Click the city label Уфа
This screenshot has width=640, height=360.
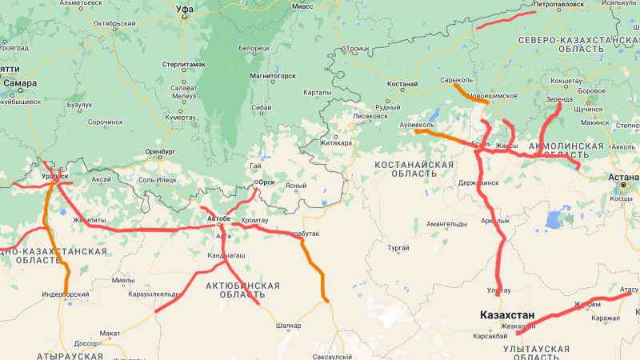pyautogui.click(x=185, y=10)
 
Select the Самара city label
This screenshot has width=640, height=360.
pyautogui.click(x=20, y=82)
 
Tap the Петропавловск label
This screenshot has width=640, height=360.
pyautogui.click(x=561, y=4)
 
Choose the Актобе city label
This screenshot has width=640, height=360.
pyautogui.click(x=218, y=218)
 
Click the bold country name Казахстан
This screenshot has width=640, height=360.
pyautogui.click(x=507, y=315)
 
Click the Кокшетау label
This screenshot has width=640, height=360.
pyautogui.click(x=566, y=81)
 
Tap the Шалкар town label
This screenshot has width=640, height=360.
pyautogui.click(x=288, y=326)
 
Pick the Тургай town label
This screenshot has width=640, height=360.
pyautogui.click(x=398, y=249)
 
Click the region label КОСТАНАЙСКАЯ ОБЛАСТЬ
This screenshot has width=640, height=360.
pyautogui.click(x=414, y=169)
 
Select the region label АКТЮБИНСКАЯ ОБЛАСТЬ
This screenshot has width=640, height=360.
pyautogui.click(x=242, y=290)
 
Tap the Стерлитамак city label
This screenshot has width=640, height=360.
pyautogui.click(x=183, y=64)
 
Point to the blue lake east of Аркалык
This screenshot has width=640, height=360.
pyautogui.click(x=554, y=218)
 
